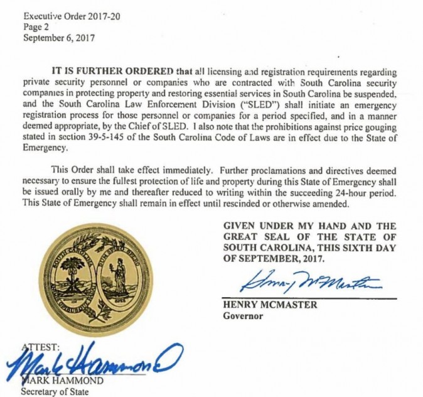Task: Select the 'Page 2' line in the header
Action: point(35,27)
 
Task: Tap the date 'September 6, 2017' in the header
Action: point(58,38)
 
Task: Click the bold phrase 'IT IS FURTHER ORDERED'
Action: point(104,70)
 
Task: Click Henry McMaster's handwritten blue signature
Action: point(311,281)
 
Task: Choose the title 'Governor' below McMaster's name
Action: point(243,316)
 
